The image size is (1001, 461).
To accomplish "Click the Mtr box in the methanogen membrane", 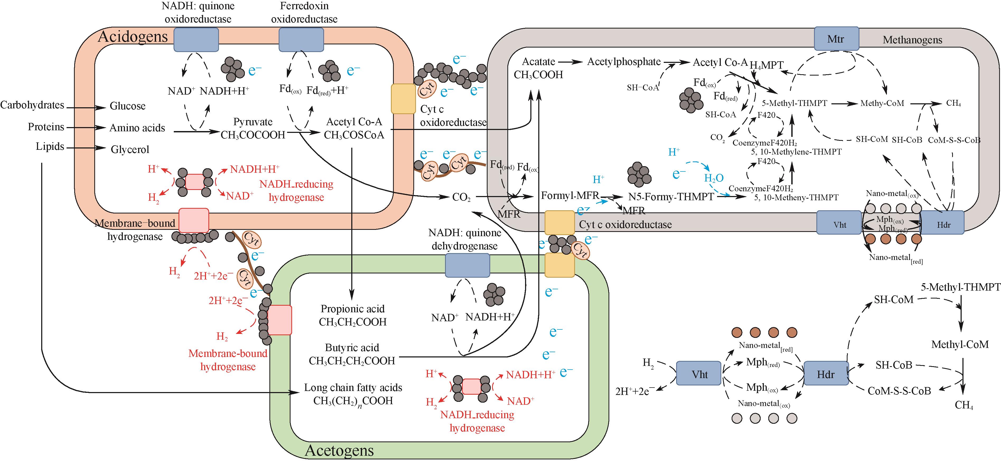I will tap(836, 39).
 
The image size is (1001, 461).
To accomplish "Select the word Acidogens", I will tap(133, 36).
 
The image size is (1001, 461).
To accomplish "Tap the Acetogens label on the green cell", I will tap(339, 450).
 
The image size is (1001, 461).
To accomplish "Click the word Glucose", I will tap(128, 106).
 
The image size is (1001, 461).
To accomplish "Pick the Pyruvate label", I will tap(252, 122).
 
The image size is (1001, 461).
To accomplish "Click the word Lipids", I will tap(50, 147).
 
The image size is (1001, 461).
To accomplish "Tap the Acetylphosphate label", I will tap(624, 62).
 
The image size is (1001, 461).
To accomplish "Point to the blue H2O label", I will tap(714, 178).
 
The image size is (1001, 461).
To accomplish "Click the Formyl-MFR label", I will tap(570, 195).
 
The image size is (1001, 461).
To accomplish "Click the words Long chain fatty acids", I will tap(353, 388).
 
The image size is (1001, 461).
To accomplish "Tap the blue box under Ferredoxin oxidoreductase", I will tap(301, 40).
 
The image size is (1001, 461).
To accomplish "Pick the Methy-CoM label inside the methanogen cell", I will tap(882, 103).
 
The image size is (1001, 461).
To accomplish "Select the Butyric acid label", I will tap(352, 347).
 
